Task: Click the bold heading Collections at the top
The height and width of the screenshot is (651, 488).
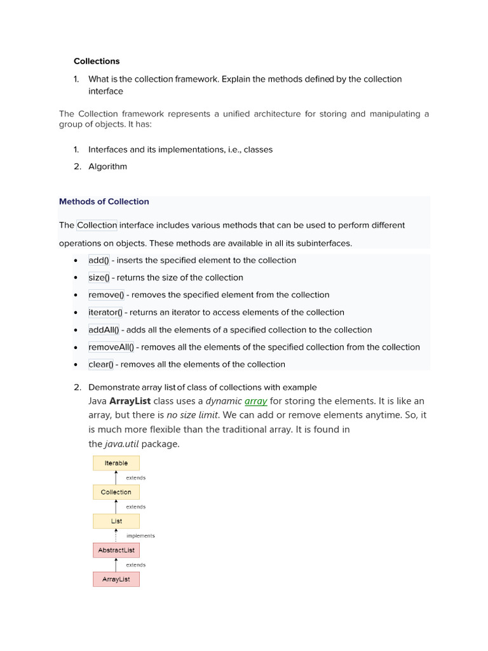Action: [x=97, y=61]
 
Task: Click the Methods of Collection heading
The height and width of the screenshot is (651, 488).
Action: [x=104, y=202]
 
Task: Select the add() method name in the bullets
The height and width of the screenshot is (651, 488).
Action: [x=98, y=260]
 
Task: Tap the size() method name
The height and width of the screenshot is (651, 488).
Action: [x=99, y=277]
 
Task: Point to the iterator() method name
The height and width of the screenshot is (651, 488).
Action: [x=105, y=312]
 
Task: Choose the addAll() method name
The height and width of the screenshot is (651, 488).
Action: [x=104, y=330]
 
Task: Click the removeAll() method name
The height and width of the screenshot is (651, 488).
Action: [x=111, y=347]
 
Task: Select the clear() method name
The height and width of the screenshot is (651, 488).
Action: [x=100, y=364]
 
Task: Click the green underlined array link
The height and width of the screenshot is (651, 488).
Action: [x=255, y=401]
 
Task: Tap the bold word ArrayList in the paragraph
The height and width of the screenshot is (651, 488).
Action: [x=130, y=401]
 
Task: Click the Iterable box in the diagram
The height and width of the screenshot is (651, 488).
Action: [x=116, y=463]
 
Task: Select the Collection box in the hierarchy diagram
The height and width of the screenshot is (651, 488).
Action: [x=116, y=492]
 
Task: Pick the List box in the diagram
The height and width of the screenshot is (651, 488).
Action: [x=116, y=521]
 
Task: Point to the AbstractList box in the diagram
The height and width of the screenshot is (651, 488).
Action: [x=116, y=550]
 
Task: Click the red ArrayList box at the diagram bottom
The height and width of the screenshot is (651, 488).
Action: [x=116, y=579]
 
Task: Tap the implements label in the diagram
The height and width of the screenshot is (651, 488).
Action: [x=140, y=536]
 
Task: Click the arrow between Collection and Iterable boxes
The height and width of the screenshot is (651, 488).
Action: [x=116, y=477]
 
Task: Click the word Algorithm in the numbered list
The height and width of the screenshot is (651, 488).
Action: [x=107, y=167]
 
